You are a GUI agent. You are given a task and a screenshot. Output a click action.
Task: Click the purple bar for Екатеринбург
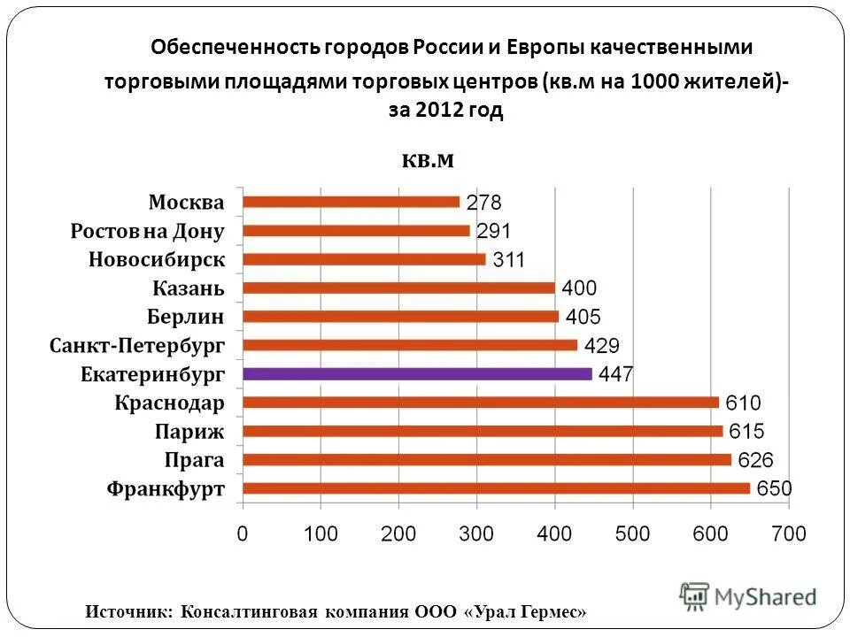[416, 374]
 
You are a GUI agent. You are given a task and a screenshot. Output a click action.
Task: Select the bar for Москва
[351, 202]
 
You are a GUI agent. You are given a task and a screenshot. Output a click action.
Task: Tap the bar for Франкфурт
[496, 488]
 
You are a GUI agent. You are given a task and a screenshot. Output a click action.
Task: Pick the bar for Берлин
[400, 317]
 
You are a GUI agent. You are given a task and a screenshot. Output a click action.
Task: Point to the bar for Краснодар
[480, 403]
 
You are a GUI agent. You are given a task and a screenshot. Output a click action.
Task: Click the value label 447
[615, 374]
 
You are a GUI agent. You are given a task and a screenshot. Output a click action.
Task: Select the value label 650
[774, 488]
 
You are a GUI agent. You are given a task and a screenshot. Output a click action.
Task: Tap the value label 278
[483, 202]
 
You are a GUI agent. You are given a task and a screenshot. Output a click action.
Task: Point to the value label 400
[579, 288]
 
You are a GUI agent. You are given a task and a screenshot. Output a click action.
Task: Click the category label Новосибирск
[157, 260]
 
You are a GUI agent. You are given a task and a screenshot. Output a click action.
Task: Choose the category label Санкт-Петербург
[137, 345]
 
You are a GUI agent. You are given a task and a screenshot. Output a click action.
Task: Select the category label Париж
[190, 432]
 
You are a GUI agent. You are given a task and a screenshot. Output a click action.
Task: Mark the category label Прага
[194, 460]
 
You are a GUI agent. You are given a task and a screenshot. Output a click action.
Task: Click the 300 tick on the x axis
[476, 533]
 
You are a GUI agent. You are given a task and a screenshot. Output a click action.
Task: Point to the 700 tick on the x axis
[788, 533]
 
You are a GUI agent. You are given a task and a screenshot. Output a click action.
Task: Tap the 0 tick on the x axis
[243, 533]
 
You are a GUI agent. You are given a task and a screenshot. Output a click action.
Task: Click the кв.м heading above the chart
[428, 159]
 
